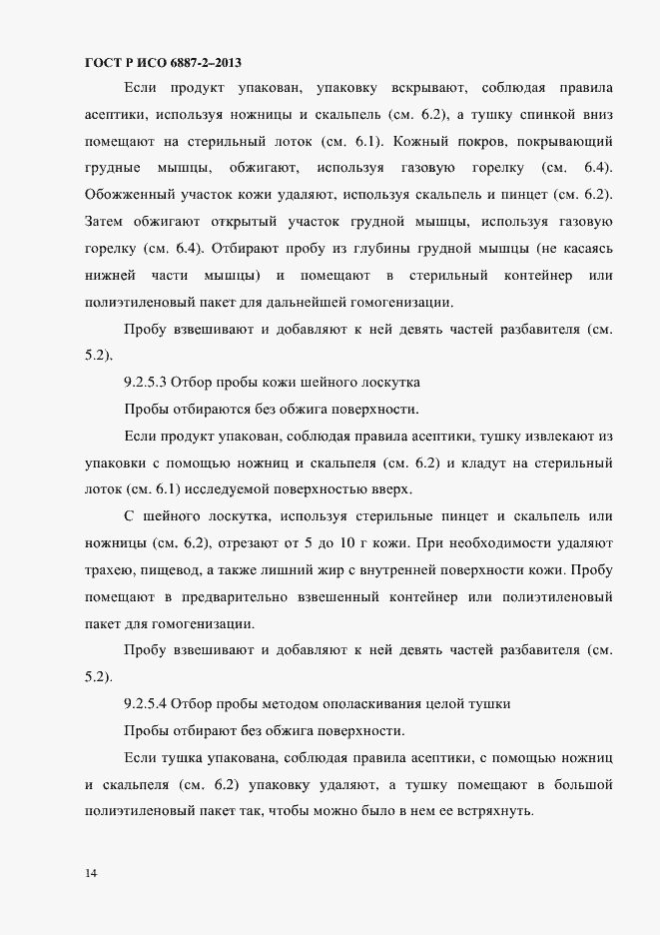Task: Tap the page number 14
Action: point(91,874)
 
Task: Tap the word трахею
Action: point(112,569)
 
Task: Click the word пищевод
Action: point(177,569)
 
